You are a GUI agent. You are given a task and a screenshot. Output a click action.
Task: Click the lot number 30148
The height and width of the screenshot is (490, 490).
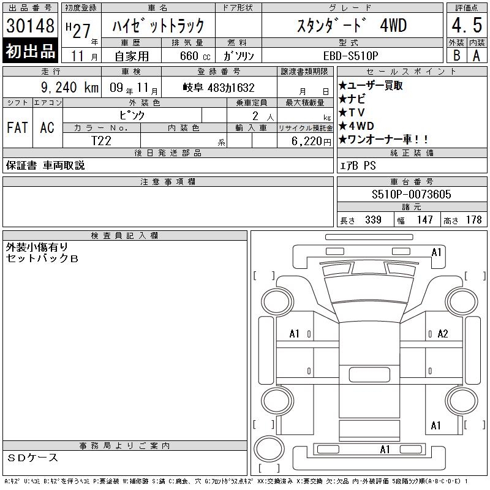tap(30, 26)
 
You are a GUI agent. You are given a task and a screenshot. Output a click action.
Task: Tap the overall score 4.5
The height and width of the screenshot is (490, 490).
tap(467, 25)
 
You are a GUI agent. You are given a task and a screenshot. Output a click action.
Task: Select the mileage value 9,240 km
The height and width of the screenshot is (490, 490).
tap(70, 88)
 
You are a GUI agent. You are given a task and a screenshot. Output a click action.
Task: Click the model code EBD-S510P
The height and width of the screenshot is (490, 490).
tap(350, 56)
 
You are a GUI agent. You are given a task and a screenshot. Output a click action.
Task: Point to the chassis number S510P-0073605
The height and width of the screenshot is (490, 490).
tap(411, 194)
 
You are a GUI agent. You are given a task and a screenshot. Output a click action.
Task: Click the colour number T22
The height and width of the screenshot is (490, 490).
tap(101, 141)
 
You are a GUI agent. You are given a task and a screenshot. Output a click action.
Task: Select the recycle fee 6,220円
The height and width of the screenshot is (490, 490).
tap(311, 141)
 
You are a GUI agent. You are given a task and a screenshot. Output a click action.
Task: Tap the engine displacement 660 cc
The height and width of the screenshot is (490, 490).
tap(195, 56)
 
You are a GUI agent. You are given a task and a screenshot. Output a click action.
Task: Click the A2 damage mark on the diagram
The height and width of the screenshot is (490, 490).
tap(443, 334)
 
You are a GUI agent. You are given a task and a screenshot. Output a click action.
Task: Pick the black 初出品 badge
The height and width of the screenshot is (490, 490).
tap(30, 51)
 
